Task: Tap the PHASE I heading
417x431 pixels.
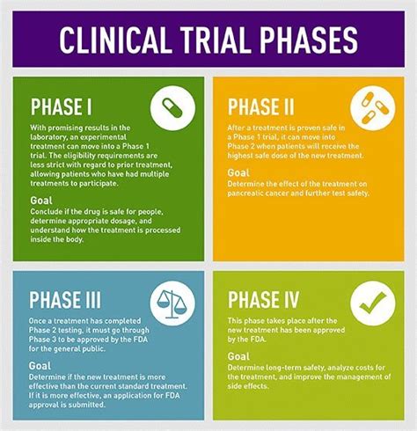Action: point(62,106)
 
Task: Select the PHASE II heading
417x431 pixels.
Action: point(260,106)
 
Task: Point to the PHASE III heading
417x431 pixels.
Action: point(65,300)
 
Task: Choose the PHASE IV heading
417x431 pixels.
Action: point(263,300)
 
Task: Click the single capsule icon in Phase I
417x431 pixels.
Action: point(172,108)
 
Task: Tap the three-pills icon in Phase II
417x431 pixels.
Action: point(373,108)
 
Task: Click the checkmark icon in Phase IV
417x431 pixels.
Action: point(373,303)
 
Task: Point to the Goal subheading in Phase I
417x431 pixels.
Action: point(41,201)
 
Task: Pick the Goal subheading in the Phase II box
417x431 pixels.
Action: point(238,172)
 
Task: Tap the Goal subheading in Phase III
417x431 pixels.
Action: point(40,366)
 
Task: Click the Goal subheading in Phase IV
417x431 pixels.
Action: point(238,356)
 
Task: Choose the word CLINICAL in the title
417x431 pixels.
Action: point(114,40)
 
